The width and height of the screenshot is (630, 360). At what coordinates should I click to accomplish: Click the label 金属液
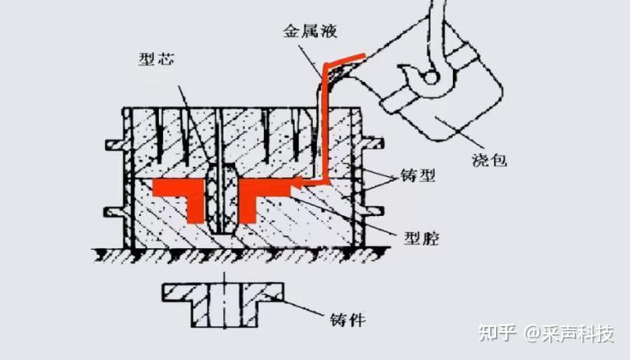pyautogui.click(x=313, y=32)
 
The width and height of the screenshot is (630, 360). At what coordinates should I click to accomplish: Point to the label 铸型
pyautogui.click(x=417, y=176)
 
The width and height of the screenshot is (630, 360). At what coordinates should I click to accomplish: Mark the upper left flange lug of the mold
pyautogui.click(x=115, y=146)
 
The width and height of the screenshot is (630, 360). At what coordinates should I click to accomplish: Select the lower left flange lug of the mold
pyautogui.click(x=115, y=211)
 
